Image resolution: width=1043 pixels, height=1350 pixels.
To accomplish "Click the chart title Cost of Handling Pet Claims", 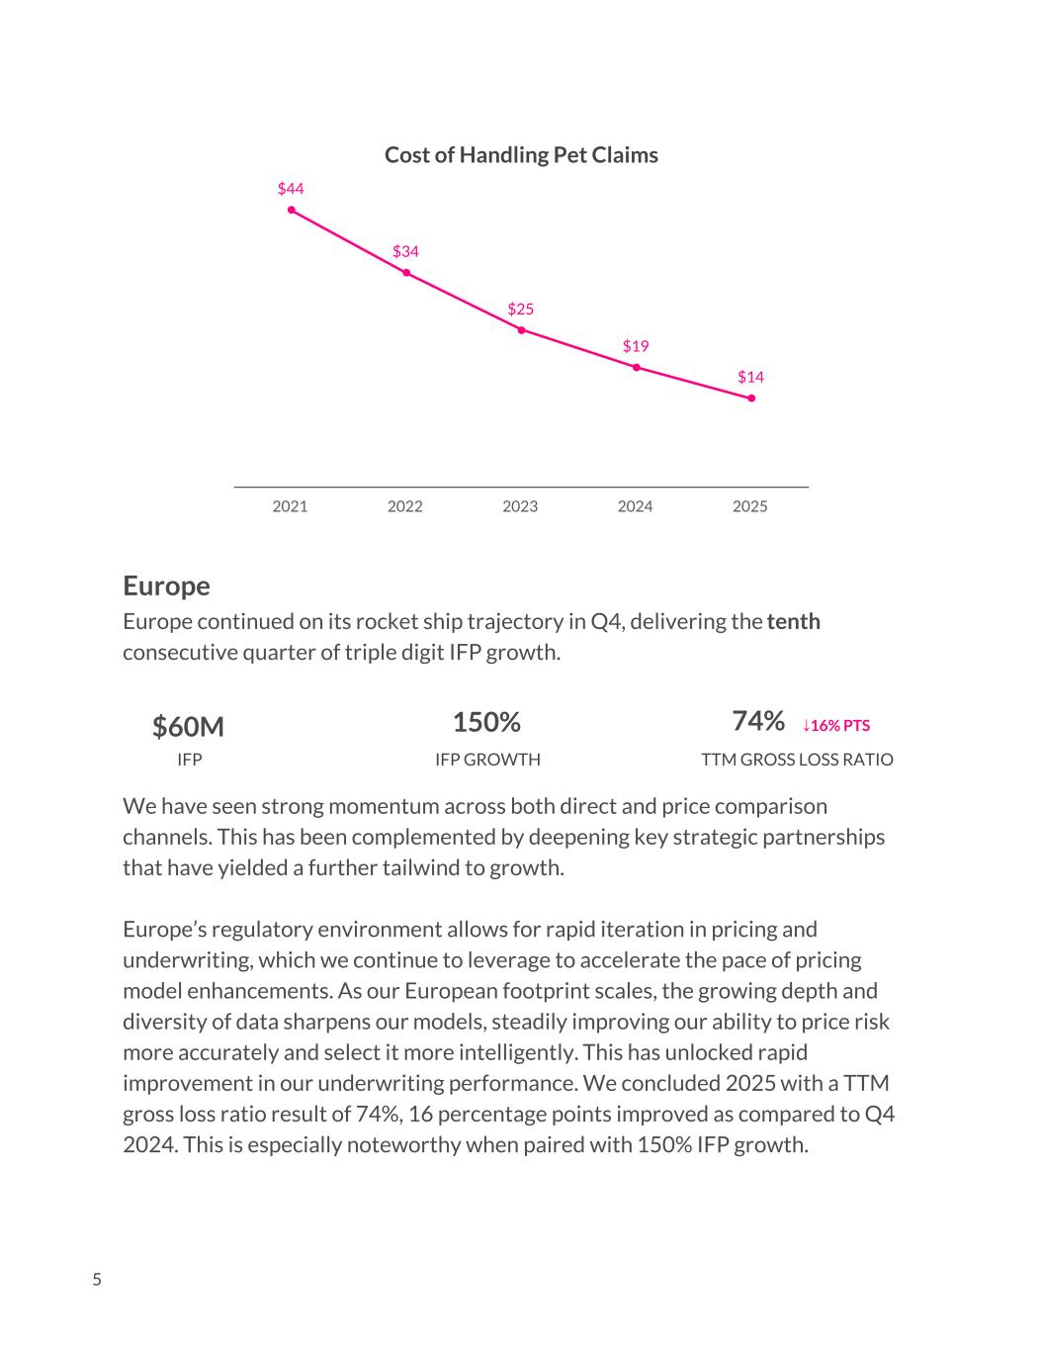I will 521,155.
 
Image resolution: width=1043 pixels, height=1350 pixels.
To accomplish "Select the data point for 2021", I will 292,210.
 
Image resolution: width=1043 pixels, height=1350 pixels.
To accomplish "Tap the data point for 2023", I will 521,330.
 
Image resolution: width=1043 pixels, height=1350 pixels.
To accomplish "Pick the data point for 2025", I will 751,398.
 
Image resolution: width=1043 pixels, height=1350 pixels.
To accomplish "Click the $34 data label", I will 405,251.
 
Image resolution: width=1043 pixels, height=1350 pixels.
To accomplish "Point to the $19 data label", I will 636,346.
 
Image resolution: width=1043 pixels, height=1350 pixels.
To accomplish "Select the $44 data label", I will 291,188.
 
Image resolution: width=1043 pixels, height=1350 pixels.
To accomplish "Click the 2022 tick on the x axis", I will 405,506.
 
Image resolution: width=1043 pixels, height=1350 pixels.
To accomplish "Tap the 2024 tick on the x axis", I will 636,506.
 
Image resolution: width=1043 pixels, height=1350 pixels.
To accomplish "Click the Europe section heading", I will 166,585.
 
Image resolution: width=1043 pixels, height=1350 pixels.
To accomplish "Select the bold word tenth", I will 793,621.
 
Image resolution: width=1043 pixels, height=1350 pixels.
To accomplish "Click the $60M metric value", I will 188,727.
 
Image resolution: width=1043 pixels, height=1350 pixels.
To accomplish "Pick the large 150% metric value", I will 486,722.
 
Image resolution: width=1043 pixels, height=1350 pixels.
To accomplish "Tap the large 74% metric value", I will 758,721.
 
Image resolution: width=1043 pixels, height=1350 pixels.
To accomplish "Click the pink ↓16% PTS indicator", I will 836,725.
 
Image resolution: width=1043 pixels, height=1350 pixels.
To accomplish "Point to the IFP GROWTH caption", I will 487,760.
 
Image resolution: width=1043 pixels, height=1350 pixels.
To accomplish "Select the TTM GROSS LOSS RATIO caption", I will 797,760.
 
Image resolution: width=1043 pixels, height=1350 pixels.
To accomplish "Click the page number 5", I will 97,1280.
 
